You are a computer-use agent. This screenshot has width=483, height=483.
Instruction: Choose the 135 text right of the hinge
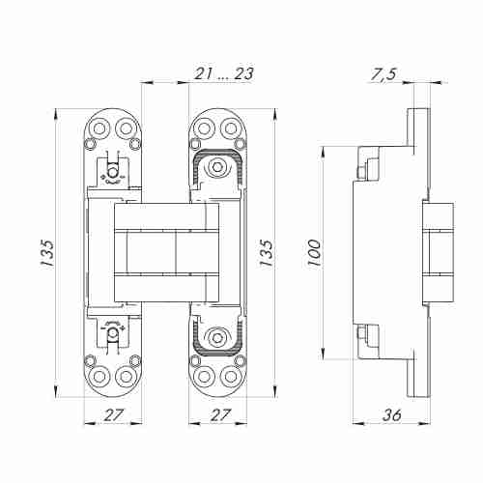point(268,252)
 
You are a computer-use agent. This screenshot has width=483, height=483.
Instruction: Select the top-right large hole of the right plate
point(230,128)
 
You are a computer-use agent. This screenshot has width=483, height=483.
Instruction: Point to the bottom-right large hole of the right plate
point(230,378)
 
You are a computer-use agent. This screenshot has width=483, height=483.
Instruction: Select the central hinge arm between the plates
point(164,252)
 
